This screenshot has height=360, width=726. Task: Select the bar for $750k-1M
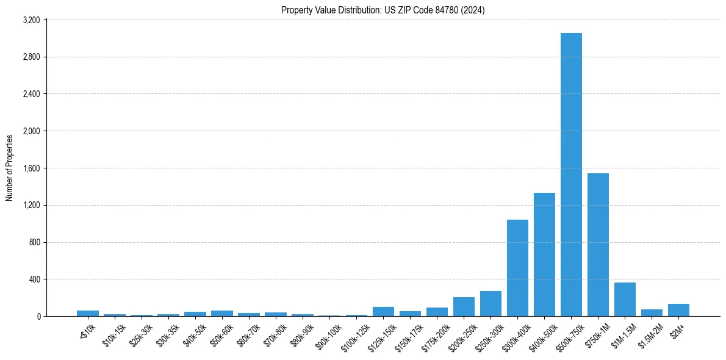(598, 245)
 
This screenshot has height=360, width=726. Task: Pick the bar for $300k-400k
(517, 268)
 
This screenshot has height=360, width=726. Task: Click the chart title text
(383, 10)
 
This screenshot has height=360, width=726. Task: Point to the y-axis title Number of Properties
(10, 168)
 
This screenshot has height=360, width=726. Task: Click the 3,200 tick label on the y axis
(31, 20)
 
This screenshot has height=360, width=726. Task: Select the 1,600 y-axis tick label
(31, 168)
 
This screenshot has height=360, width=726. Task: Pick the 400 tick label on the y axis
(34, 279)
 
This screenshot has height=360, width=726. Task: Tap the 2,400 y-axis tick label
(31, 94)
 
